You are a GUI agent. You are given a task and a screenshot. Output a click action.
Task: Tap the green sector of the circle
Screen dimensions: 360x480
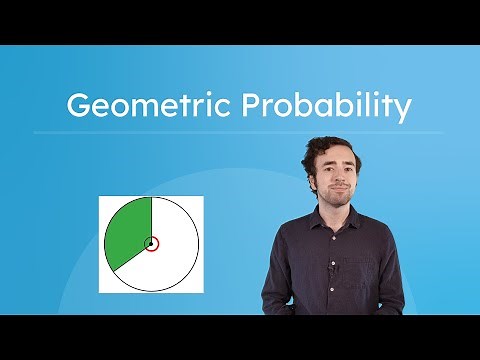pyautogui.click(x=128, y=235)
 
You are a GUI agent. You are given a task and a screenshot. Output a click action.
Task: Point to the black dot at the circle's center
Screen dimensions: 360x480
pyautogui.click(x=151, y=243)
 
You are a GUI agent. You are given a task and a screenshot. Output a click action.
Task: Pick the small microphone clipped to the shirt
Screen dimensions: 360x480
pyautogui.click(x=333, y=269)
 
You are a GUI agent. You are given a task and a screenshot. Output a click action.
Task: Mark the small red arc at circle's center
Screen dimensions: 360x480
pyautogui.click(x=157, y=243)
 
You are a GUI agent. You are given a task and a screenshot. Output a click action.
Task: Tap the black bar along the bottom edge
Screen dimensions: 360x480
pyautogui.click(x=240, y=338)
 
